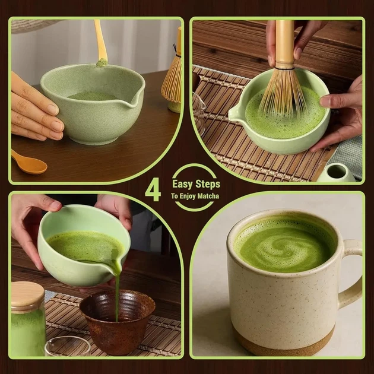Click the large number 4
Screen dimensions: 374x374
153,189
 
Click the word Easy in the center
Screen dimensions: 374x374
182,184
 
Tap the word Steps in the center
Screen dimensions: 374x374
208,184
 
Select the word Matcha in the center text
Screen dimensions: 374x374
208,196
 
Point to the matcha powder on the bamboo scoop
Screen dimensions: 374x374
102,62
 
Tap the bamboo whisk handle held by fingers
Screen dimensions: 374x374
285,44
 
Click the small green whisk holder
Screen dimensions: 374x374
337,172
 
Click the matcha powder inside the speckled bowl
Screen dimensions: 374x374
92,96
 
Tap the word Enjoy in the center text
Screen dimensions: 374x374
187,196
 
